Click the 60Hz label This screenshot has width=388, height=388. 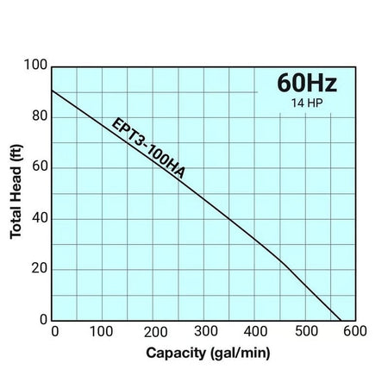[306, 84]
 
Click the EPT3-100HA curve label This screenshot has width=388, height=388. [147, 147]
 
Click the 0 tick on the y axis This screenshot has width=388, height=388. [43, 320]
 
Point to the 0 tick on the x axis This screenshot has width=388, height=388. [53, 332]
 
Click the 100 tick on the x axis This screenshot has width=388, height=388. [102, 332]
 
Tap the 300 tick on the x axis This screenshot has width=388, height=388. [205, 332]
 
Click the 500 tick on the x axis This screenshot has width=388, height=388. [306, 332]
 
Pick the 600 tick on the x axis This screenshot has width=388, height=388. [356, 332]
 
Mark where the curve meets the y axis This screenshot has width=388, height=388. [53, 91]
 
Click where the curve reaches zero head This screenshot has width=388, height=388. [342, 320]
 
